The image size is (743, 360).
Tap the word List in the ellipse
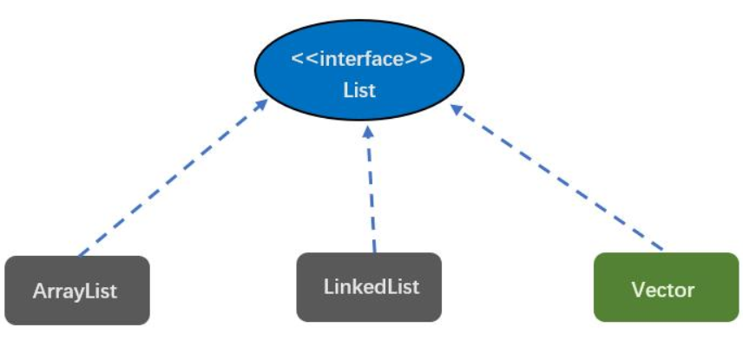click(x=359, y=89)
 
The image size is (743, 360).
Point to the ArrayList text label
click(x=76, y=291)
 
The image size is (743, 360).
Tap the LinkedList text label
click(x=371, y=285)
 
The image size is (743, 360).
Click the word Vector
click(x=663, y=289)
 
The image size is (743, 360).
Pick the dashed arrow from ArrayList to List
click(x=174, y=177)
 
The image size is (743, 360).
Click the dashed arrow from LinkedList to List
click(x=371, y=191)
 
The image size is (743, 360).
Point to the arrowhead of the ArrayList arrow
click(x=261, y=103)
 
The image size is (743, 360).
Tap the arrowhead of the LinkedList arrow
click(x=368, y=131)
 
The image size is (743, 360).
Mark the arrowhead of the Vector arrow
click(x=456, y=109)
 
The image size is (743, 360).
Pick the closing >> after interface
click(x=419, y=60)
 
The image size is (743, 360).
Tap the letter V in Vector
click(x=639, y=289)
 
